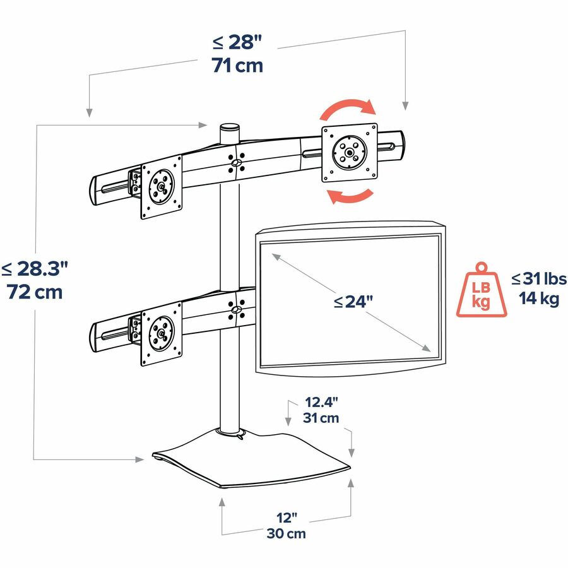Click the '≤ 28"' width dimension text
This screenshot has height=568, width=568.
pos(237,42)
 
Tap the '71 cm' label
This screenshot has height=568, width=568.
pos(237,66)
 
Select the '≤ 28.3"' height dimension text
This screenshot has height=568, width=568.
pos(35,268)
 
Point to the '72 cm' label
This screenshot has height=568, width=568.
pos(35,292)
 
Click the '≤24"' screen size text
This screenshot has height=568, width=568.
pos(353,302)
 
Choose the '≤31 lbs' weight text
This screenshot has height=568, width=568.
pos(539,278)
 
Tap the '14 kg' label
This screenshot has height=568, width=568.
pos(539,299)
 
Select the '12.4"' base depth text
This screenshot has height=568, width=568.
pos(321,402)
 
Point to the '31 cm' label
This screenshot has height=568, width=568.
pos(321,418)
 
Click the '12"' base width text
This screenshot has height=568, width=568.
pos(287,518)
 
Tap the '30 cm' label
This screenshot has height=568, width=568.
pos(286,533)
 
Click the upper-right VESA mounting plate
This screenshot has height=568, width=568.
pos(350,153)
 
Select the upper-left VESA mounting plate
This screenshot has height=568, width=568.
pos(161,187)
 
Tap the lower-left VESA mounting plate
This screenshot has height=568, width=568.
pos(161,334)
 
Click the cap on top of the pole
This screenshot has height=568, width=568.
pos(230,127)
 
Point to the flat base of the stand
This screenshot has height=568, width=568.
pos(251,459)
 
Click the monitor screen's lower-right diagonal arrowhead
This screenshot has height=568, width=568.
pos(426,348)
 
